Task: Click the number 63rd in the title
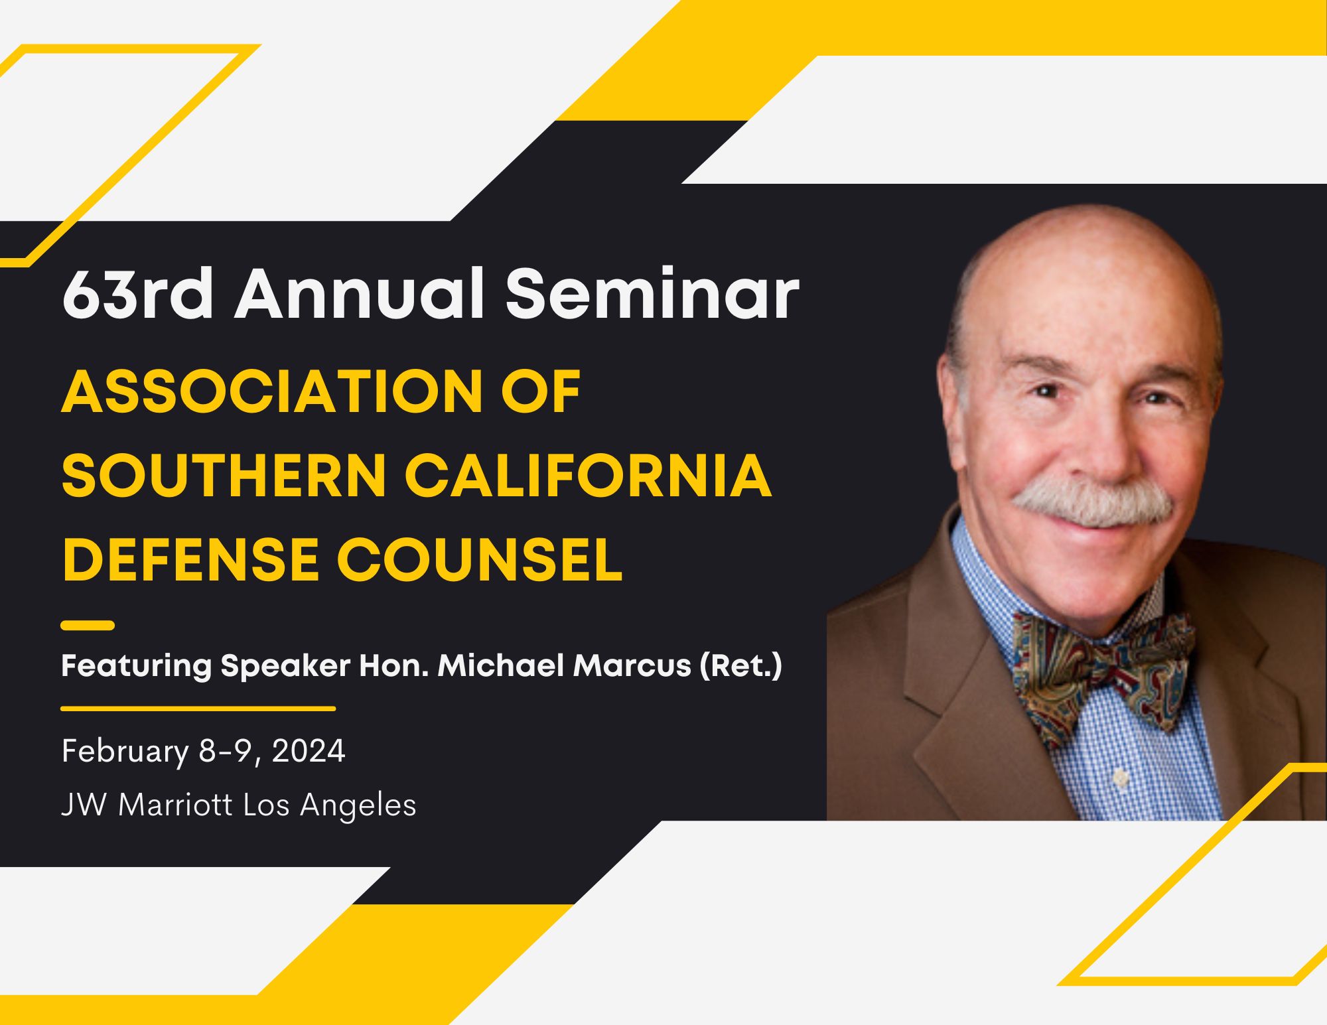(x=138, y=294)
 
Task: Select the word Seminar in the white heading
(x=653, y=294)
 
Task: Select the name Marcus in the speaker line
(x=632, y=665)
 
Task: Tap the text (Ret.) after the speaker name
(x=741, y=666)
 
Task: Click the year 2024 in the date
(x=309, y=751)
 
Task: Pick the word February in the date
(x=125, y=752)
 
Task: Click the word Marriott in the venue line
(x=175, y=805)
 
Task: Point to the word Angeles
(x=358, y=806)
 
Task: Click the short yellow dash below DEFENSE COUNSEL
(x=88, y=625)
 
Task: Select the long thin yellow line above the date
(x=198, y=709)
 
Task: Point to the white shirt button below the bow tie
(x=1121, y=778)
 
